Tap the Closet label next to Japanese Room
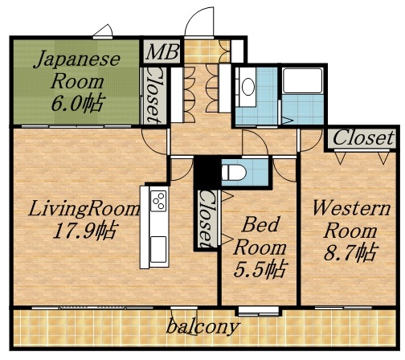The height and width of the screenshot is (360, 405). click(x=152, y=93)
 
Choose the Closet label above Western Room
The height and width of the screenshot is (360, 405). click(x=363, y=138)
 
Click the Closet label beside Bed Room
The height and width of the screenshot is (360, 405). click(x=207, y=217)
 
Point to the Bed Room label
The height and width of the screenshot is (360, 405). click(x=260, y=232)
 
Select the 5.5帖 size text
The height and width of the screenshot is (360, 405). click(x=260, y=268)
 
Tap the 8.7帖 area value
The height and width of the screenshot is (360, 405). click(x=346, y=254)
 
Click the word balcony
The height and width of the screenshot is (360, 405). click(x=203, y=327)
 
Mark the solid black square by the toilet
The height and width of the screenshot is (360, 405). click(x=207, y=172)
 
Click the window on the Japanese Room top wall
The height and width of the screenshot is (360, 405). click(x=102, y=34)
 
